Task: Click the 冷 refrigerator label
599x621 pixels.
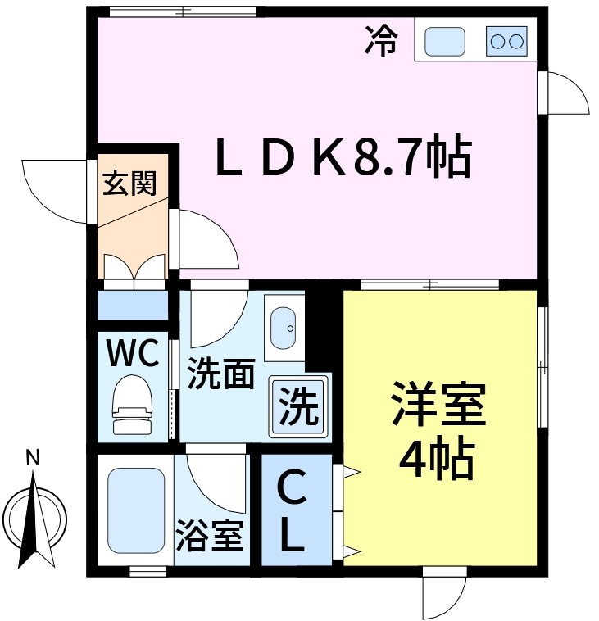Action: [381, 40]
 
